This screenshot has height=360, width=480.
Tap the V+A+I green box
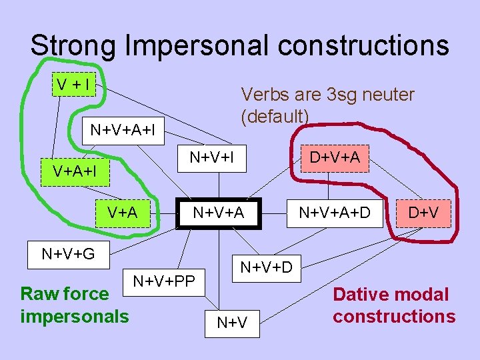[x=74, y=171]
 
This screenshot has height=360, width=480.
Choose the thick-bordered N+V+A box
[x=219, y=213]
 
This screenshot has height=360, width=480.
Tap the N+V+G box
[x=68, y=253]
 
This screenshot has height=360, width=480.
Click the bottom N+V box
[x=232, y=323]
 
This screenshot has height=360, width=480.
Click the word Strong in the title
[x=73, y=45]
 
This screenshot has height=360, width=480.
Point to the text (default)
[x=275, y=117]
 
